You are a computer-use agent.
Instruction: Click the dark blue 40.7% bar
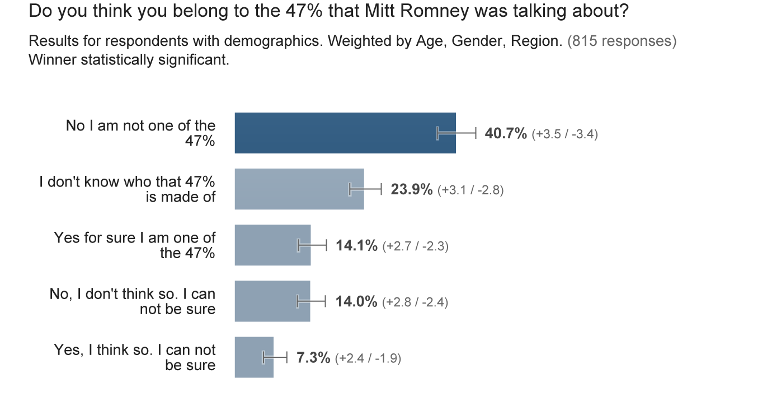pos(336,133)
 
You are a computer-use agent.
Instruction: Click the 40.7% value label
pos(505,133)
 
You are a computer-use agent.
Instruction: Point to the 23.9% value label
pos(411,189)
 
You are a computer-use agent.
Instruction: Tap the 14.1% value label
pos(356,245)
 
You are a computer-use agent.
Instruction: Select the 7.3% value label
pos(313,357)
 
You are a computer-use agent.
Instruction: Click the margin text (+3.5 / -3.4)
pos(564,134)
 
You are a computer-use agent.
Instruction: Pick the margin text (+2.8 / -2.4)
pos(415,302)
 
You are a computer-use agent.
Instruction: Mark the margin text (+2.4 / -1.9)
pos(368,358)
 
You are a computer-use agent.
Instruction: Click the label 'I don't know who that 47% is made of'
pos(128,189)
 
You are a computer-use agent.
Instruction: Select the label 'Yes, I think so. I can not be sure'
pos(135,357)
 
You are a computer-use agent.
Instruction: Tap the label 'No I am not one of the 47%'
pos(141,133)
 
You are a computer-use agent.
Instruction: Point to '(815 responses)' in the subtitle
pos(622,41)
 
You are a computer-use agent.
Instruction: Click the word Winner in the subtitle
pos(52,59)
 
